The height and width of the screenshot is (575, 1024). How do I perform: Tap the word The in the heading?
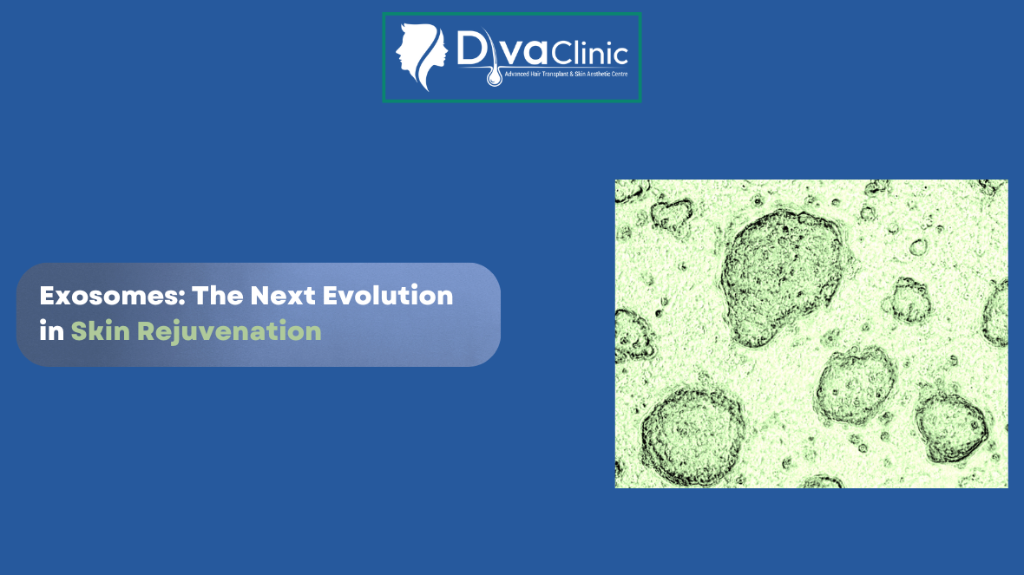pyautogui.click(x=217, y=296)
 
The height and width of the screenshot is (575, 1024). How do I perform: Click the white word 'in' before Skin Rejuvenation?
pyautogui.click(x=51, y=330)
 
